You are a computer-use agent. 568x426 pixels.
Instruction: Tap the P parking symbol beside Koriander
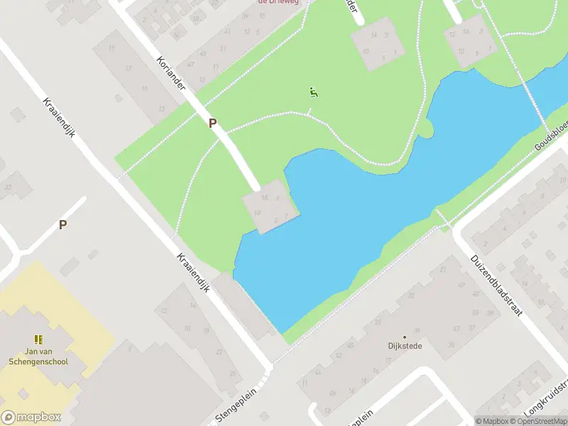point(212,124)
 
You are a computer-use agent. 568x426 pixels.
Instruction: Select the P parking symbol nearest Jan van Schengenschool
point(62,224)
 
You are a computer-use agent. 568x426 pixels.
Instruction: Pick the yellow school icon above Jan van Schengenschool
point(38,339)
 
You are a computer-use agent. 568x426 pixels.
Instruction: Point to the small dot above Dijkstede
point(405,337)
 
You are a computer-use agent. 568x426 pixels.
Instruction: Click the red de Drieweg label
point(279,3)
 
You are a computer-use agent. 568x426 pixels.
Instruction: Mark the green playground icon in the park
point(313,92)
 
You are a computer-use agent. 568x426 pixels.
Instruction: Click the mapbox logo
point(31,417)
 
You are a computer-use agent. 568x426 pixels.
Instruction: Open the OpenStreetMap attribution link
point(538,420)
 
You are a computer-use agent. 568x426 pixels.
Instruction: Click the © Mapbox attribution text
point(492,420)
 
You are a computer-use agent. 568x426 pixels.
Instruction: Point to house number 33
point(9,187)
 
